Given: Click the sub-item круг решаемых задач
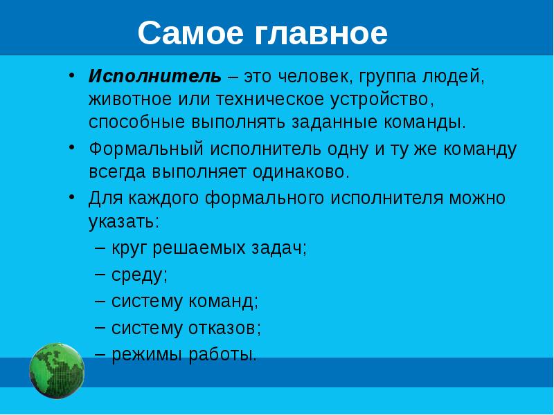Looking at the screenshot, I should click(209, 248).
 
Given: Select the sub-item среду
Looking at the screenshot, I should click(139, 275).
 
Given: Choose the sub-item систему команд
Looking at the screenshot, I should click(184, 302).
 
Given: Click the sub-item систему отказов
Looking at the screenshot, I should click(186, 328).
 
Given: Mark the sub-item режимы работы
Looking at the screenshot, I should click(184, 355).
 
